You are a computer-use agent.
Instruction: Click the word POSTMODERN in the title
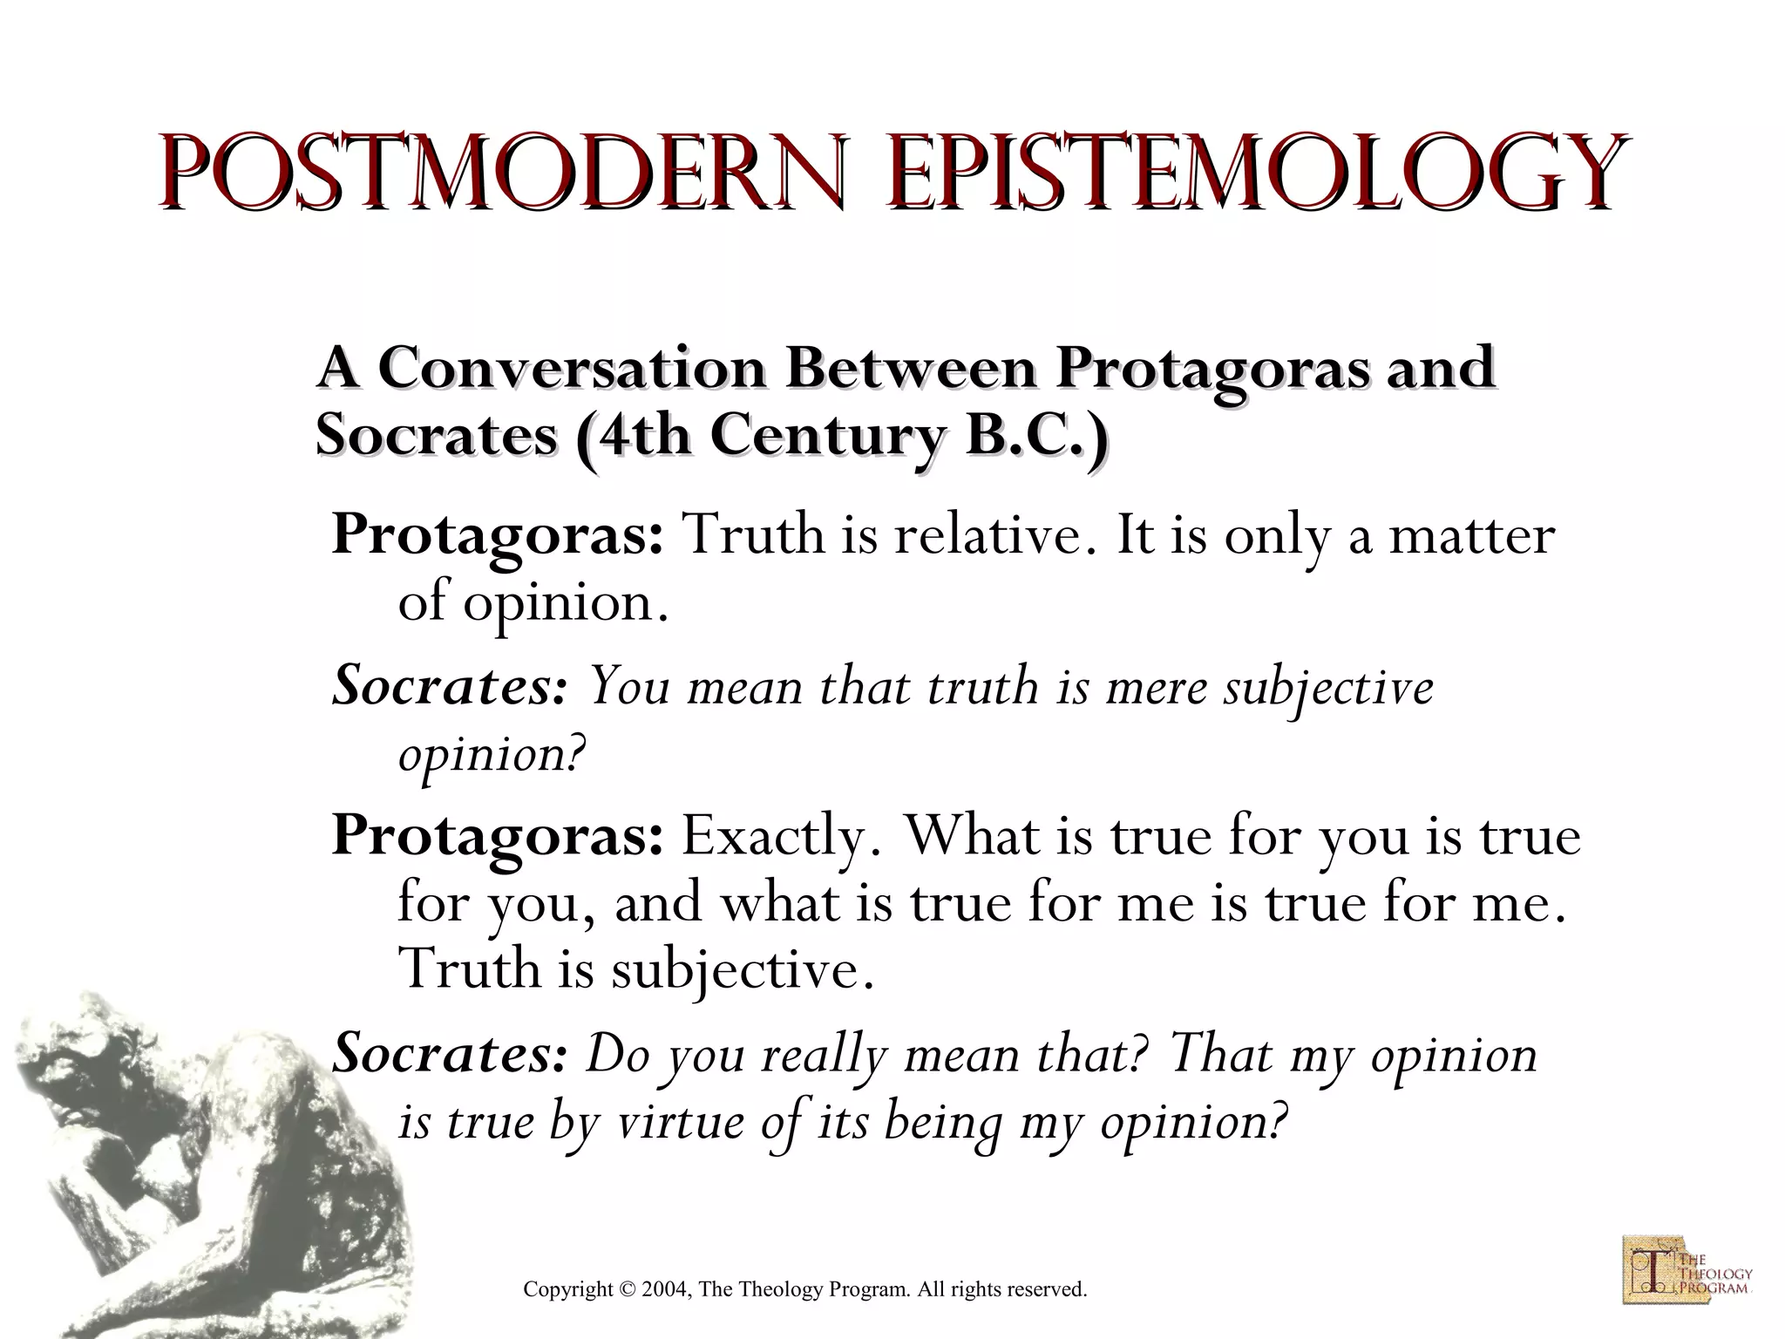[x=502, y=172]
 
